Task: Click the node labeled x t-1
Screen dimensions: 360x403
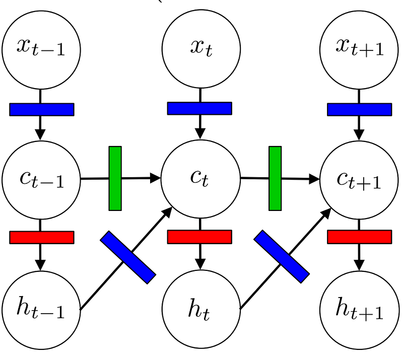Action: [x=41, y=48]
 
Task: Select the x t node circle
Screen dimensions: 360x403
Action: [x=200, y=48]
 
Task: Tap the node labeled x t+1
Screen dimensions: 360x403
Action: [x=359, y=48]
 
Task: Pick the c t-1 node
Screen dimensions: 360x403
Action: [x=41, y=180]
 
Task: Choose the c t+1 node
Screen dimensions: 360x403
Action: [x=359, y=180]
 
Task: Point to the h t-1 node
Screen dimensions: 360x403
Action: [x=41, y=309]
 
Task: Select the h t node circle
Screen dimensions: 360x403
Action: [x=200, y=309]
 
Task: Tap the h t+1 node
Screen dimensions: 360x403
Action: [x=359, y=309]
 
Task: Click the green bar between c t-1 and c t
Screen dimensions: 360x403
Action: [x=115, y=178]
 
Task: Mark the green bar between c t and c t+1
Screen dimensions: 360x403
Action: [x=275, y=178]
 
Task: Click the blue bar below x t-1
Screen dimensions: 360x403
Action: [x=42, y=109]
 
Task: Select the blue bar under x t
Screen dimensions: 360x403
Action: [x=199, y=108]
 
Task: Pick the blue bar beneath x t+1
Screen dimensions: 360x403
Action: [x=359, y=109]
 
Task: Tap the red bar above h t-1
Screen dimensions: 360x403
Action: [x=42, y=237]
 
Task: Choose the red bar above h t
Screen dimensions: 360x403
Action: [x=199, y=237]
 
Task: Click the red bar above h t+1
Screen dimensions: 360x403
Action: [x=359, y=237]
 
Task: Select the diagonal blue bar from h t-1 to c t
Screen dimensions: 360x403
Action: [x=128, y=257]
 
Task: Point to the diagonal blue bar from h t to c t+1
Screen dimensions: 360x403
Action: [x=281, y=256]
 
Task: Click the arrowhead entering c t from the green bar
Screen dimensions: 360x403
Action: [x=156, y=178]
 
